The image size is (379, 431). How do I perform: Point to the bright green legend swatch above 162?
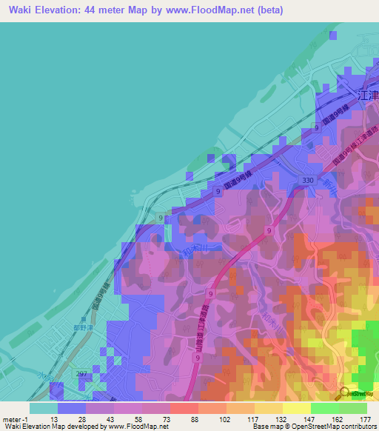[x=324, y=408]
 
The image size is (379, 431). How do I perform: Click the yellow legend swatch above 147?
[x=296, y=408]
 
